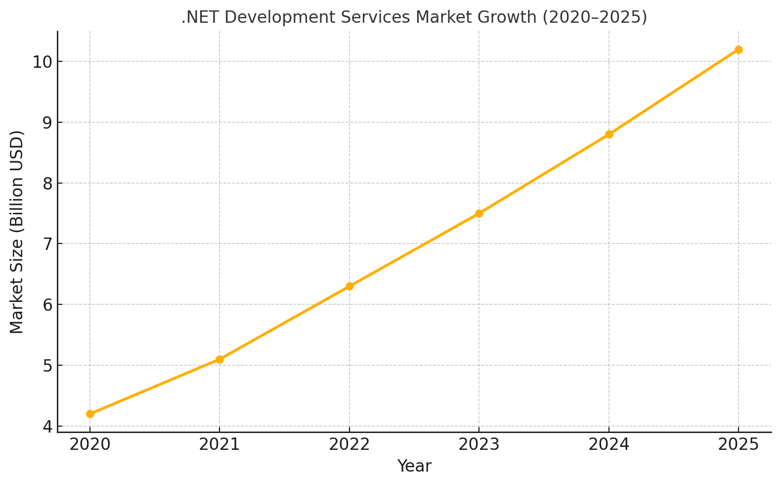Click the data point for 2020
(x=90, y=414)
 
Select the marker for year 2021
(x=219, y=359)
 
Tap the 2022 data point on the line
(x=349, y=286)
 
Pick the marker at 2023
(x=479, y=213)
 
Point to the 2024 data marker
(x=609, y=134)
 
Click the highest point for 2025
(x=738, y=49)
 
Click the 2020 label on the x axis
(x=90, y=444)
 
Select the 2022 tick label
(x=349, y=444)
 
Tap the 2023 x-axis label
(x=479, y=444)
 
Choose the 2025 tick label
(x=738, y=444)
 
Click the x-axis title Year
(x=414, y=466)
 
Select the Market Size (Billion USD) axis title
(x=17, y=232)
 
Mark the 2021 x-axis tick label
(x=219, y=444)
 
